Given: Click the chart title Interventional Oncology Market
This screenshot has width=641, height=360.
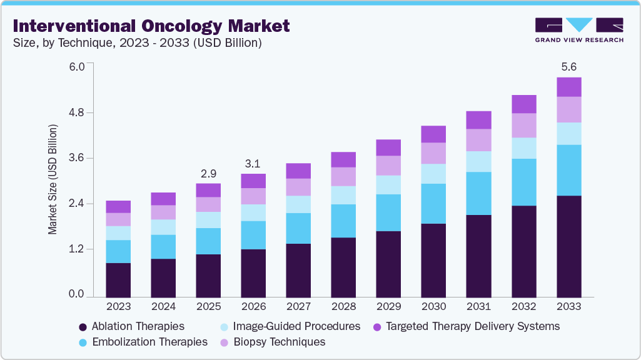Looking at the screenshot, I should click(151, 26).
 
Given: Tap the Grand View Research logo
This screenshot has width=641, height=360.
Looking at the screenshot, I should click(579, 30).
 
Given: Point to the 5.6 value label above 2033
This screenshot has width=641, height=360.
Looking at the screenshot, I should click(568, 67).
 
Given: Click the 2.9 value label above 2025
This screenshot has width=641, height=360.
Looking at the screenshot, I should click(208, 172).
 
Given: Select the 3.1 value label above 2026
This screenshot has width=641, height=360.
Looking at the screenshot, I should click(253, 163).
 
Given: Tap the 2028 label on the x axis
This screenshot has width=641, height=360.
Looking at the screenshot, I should click(343, 307).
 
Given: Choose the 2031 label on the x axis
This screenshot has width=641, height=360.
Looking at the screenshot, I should click(478, 307).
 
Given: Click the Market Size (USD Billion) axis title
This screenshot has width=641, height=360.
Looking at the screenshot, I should click(53, 179).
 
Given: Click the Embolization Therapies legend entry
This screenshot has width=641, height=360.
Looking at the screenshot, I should click(143, 342).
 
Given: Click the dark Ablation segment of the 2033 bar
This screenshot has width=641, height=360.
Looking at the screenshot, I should click(568, 246).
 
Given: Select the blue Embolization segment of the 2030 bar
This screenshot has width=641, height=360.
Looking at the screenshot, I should click(433, 204).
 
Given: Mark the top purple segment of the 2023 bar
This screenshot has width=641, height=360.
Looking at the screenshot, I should click(118, 207).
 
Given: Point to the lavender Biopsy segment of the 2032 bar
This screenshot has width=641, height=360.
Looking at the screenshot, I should click(523, 126).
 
